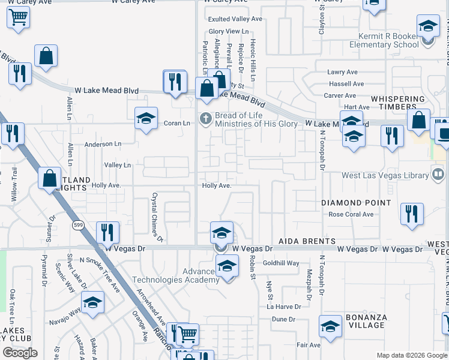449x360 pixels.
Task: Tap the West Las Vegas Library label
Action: pos(385,175)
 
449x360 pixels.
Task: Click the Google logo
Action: pos(20,352)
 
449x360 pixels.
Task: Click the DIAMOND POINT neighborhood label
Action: pos(356,203)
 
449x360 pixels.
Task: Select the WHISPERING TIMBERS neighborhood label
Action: pos(402,99)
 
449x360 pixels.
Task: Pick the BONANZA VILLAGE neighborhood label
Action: pos(366,321)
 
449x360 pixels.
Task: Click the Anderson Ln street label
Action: pos(103,145)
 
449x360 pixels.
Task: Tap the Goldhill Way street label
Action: pos(281,263)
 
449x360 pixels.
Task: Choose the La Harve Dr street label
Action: pos(284,307)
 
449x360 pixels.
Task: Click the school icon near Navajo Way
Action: pos(92,303)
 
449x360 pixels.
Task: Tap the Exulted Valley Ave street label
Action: pos(235,19)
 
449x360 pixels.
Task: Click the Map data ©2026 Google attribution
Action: pos(412,355)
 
